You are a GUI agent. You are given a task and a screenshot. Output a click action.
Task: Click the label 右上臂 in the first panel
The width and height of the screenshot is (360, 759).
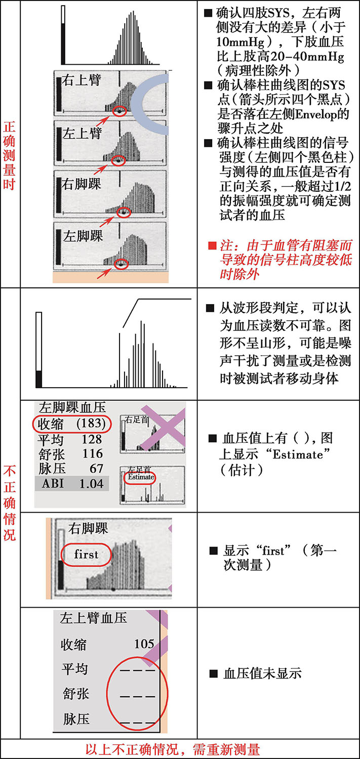point(82,80)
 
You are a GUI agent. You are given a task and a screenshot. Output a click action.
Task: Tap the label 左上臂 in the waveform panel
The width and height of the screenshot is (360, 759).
point(82,134)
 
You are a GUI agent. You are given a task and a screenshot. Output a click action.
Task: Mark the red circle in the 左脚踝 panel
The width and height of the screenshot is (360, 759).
point(121,264)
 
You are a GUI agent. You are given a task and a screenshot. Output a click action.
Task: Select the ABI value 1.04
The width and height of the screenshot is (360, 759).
point(91,483)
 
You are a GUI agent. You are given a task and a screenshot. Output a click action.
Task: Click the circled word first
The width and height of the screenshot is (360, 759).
point(86,554)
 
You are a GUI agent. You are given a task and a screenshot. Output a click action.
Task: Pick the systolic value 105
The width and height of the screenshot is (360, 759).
point(144,644)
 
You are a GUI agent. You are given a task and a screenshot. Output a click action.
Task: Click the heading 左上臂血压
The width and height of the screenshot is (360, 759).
point(87,618)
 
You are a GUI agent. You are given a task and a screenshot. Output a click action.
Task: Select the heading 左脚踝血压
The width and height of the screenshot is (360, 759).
point(72,407)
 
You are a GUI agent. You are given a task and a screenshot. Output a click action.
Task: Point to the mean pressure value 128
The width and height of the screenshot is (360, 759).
point(92,439)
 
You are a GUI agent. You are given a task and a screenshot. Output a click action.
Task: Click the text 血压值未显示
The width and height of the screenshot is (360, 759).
point(262,673)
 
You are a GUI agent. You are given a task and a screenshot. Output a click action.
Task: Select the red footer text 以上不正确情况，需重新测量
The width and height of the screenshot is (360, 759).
point(180,749)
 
